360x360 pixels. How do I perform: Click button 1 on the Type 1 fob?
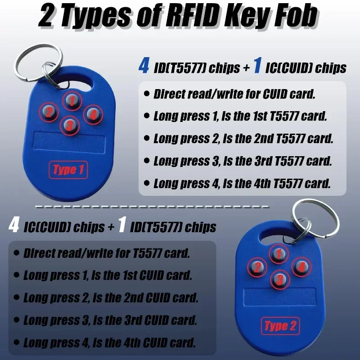70,101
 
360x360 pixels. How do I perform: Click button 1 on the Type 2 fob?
279,255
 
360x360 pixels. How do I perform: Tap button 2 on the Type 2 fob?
257,268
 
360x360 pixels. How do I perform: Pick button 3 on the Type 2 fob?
279,279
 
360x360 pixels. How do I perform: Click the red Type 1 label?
68,170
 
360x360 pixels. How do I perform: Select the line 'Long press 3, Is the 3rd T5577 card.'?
242,161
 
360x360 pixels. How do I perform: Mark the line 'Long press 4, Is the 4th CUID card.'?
109,343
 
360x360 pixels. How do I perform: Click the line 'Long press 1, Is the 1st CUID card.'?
107,275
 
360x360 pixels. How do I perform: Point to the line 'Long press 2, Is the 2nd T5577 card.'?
243,139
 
